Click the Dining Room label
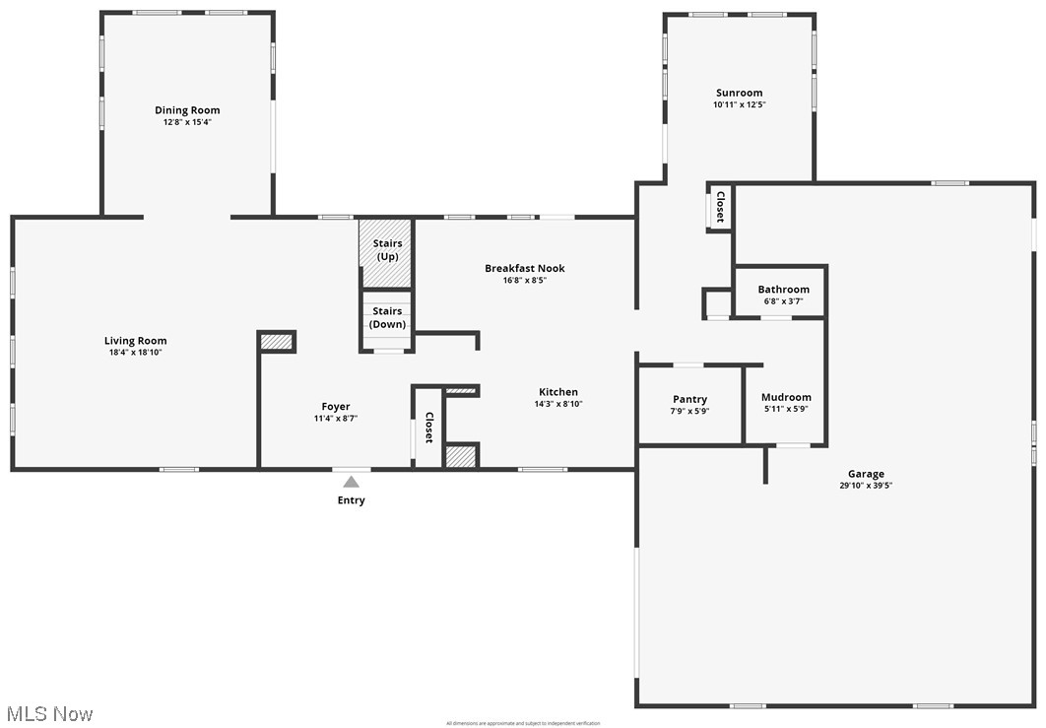tap(187, 110)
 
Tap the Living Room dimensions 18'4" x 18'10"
tap(135, 353)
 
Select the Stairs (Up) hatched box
tap(385, 252)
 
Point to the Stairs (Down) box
tap(387, 318)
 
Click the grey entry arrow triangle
tap(351, 482)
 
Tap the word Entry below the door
tap(351, 500)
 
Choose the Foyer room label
tap(336, 407)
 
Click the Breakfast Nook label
tap(524, 268)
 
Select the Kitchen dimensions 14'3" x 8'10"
tap(558, 404)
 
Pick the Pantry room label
tap(689, 399)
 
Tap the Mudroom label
tap(786, 397)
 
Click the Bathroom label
tap(783, 290)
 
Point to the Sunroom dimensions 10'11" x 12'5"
tap(739, 104)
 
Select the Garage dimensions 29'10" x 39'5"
tap(866, 486)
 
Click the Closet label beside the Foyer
tap(428, 428)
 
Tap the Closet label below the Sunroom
tap(720, 207)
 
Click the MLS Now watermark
tap(48, 713)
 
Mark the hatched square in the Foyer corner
tap(277, 341)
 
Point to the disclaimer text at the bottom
tap(522, 723)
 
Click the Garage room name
tap(866, 474)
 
